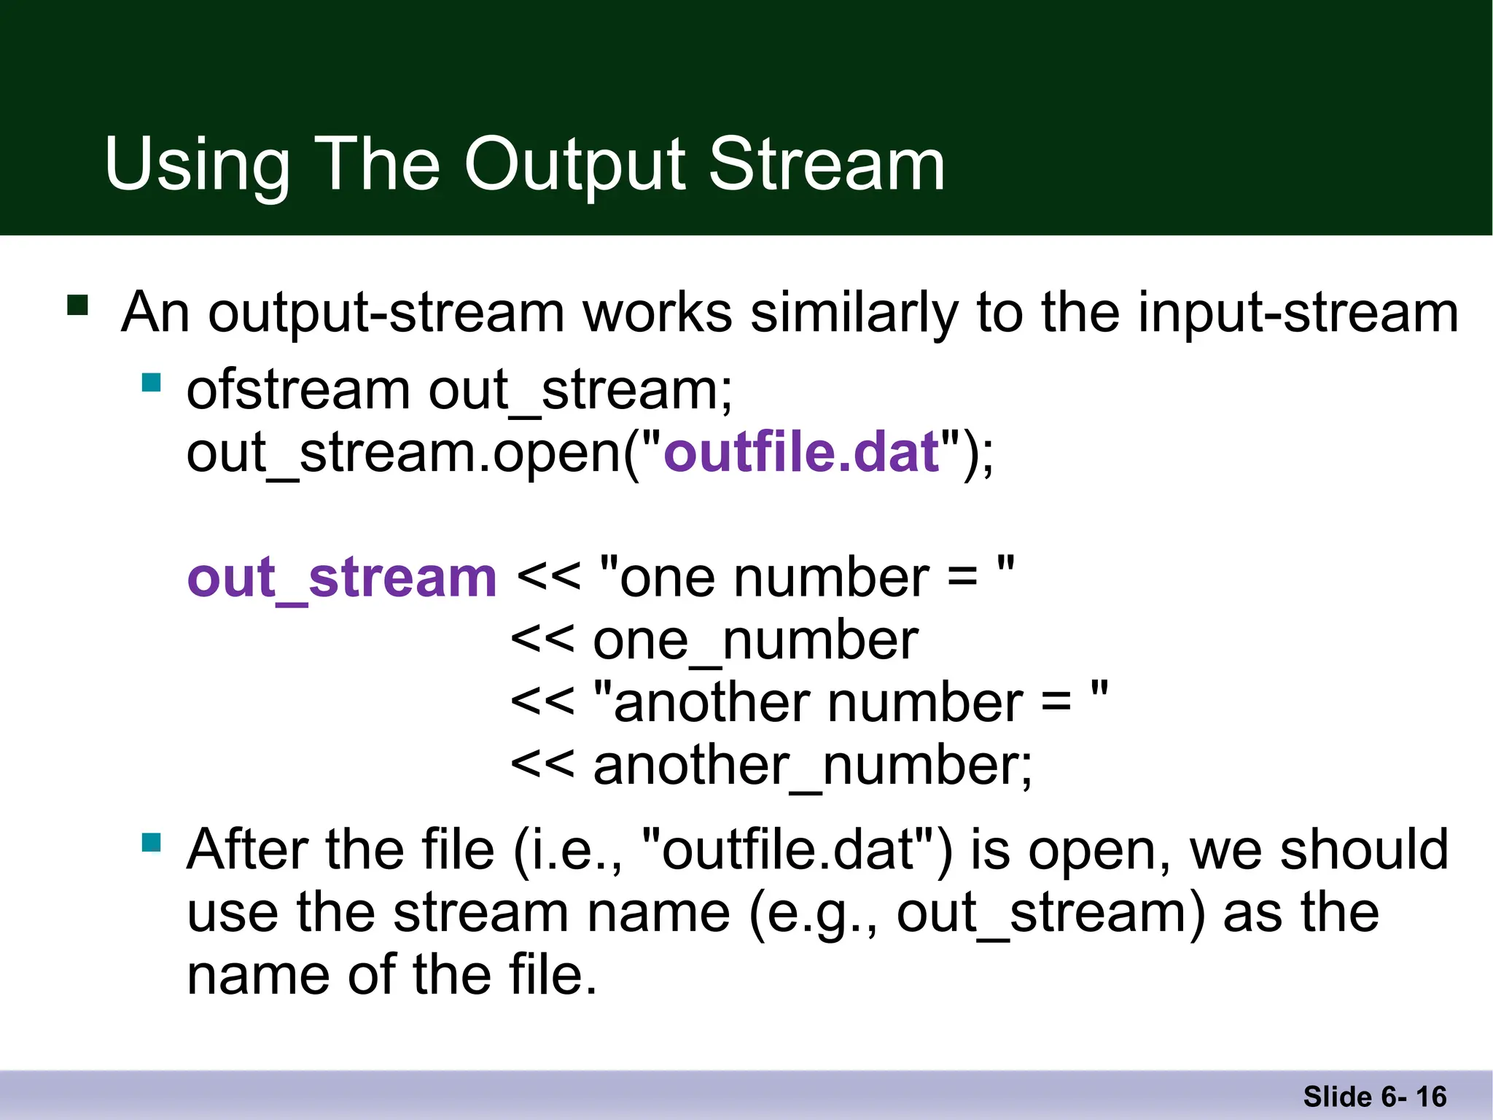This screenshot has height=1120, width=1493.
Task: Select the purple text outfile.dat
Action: point(801,452)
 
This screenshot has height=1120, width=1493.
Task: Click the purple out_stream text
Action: point(342,577)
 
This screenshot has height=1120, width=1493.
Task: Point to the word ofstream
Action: point(298,390)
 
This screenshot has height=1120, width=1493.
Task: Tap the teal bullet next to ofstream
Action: point(152,383)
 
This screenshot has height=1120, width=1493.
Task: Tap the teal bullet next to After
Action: point(152,843)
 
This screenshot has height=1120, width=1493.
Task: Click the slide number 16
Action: point(1430,1097)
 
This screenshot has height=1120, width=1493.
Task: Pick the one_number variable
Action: point(755,641)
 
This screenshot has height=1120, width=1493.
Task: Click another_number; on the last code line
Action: point(813,766)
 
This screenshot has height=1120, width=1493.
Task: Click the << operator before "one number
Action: point(548,577)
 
